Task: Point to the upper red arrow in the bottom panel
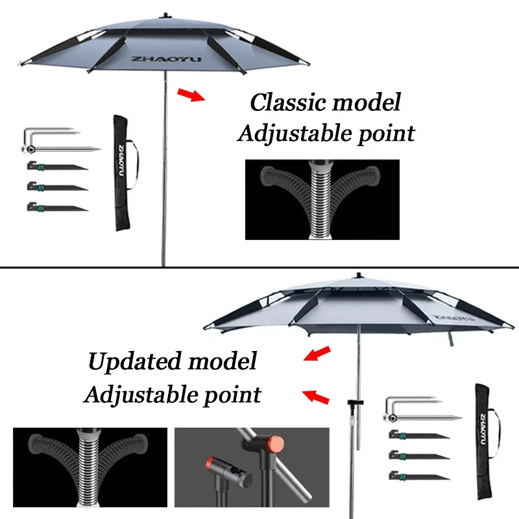pyautogui.click(x=317, y=353)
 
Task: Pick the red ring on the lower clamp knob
pyautogui.click(x=210, y=465)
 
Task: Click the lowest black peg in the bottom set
pyautogui.click(x=418, y=476)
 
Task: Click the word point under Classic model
pyautogui.click(x=382, y=134)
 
